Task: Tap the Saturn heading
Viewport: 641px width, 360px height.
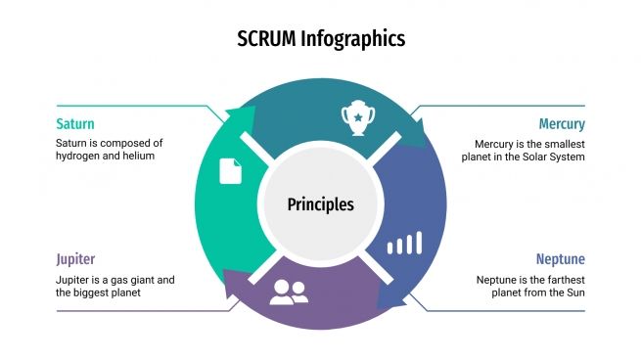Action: point(75,124)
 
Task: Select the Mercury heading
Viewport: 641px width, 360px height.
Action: point(562,124)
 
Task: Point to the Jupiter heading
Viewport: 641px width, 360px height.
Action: point(75,259)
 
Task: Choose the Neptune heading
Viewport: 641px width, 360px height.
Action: point(560,259)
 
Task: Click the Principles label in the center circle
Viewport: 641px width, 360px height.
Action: point(320,204)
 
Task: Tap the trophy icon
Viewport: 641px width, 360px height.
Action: point(357,116)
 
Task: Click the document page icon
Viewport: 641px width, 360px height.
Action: point(230,170)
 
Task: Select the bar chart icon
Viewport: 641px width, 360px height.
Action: point(404,243)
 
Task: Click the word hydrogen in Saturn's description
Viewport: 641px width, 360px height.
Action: point(80,156)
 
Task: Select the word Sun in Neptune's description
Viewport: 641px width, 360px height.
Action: point(573,292)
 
